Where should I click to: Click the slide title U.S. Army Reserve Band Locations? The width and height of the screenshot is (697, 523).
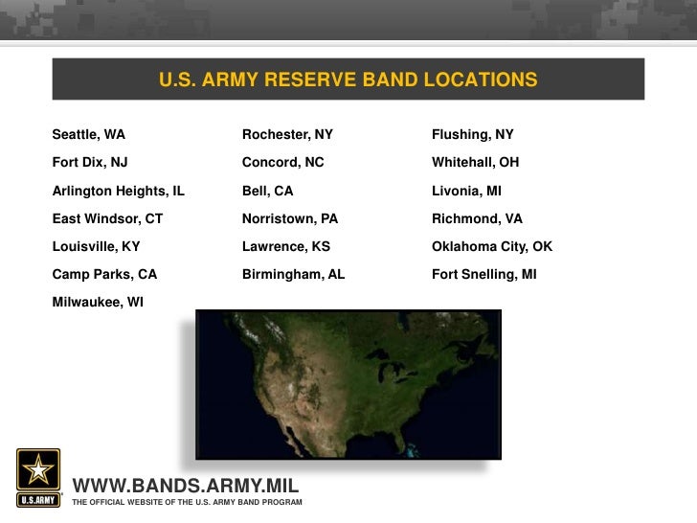[x=348, y=80]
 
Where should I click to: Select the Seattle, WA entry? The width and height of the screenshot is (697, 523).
[x=88, y=135]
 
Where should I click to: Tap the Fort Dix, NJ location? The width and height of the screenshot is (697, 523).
[x=90, y=163]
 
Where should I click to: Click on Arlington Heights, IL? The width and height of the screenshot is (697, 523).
[x=118, y=191]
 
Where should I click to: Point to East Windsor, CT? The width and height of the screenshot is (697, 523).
[x=107, y=218]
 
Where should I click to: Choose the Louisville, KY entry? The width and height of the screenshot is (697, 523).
[x=96, y=246]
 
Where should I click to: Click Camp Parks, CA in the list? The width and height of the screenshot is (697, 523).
[x=104, y=274]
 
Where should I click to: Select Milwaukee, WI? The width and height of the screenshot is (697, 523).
[x=98, y=302]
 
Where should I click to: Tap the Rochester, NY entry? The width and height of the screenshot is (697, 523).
[x=287, y=135]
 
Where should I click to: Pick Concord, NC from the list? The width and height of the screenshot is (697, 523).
[x=282, y=163]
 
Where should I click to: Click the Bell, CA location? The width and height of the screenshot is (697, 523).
[x=267, y=191]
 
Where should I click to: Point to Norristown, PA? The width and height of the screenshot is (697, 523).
[x=290, y=218]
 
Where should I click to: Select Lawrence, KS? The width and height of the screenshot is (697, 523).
[x=285, y=246]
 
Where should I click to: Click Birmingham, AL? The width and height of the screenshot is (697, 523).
[x=293, y=274]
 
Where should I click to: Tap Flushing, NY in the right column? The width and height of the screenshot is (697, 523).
[x=472, y=135]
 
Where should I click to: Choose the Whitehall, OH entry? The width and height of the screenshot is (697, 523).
[x=475, y=163]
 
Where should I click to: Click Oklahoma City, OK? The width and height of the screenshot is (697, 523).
[x=492, y=246]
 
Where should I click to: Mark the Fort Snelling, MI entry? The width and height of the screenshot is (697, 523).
[x=483, y=274]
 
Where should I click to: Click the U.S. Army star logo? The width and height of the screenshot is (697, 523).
[x=38, y=476]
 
